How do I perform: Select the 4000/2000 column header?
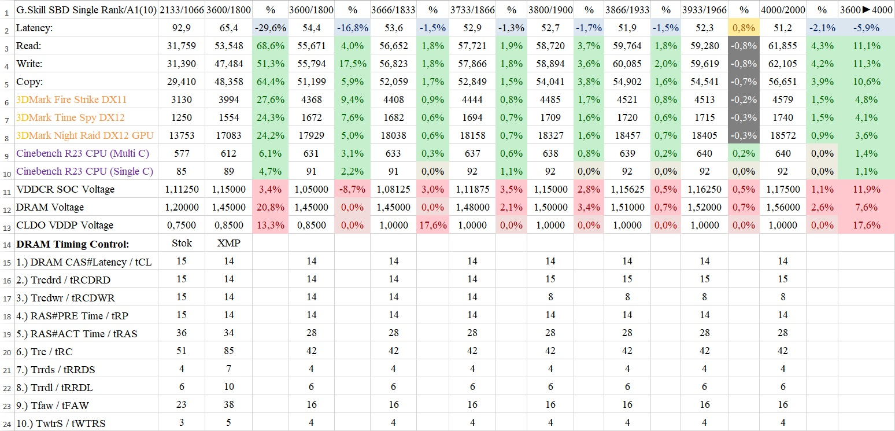(x=782, y=10)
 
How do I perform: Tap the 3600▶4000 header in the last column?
(x=866, y=10)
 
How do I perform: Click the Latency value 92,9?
(x=182, y=28)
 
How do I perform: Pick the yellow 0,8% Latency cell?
(x=744, y=28)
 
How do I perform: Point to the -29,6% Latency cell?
(x=271, y=28)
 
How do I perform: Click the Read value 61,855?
(x=782, y=46)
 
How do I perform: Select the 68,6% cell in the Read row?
(x=271, y=46)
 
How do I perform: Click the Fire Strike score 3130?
(x=182, y=100)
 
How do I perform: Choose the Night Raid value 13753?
(x=182, y=135)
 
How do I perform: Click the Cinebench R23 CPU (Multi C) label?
(x=82, y=153)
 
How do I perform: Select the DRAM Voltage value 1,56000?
(x=782, y=207)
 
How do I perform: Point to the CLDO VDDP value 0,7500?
(x=182, y=225)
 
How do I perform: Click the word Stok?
(x=182, y=244)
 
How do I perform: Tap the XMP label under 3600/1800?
(x=228, y=244)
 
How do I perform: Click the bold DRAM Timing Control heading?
(x=72, y=244)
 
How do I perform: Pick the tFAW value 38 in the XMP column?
(x=228, y=405)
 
